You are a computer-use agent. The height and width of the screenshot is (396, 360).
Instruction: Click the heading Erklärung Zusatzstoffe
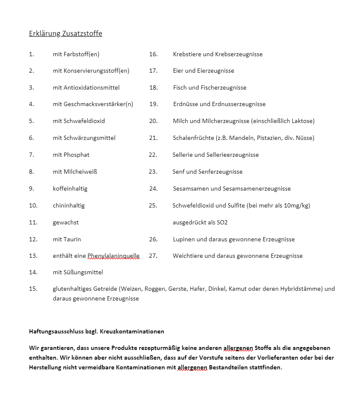click(x=65, y=34)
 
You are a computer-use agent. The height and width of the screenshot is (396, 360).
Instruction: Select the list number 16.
click(x=153, y=54)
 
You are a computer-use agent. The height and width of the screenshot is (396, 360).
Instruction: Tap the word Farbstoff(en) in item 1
click(x=82, y=54)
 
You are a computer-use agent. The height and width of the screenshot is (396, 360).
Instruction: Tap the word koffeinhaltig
click(x=70, y=188)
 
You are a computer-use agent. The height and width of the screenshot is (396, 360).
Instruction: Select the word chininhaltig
click(x=68, y=205)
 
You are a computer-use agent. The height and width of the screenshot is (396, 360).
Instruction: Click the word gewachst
click(x=65, y=222)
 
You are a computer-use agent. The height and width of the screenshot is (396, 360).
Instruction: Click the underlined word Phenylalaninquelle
click(x=113, y=256)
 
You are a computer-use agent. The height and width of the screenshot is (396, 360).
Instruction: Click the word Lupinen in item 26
click(x=184, y=239)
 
